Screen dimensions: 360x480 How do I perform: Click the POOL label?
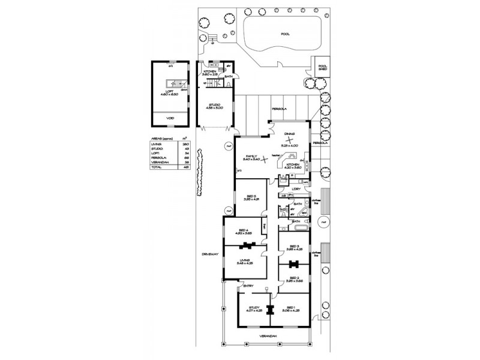coord(285,34)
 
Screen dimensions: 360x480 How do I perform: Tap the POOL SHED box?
coord(322,68)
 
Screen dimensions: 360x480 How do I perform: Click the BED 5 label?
coord(251,197)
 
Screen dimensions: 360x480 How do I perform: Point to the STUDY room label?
coord(253,308)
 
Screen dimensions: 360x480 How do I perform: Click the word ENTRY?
coord(248,286)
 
